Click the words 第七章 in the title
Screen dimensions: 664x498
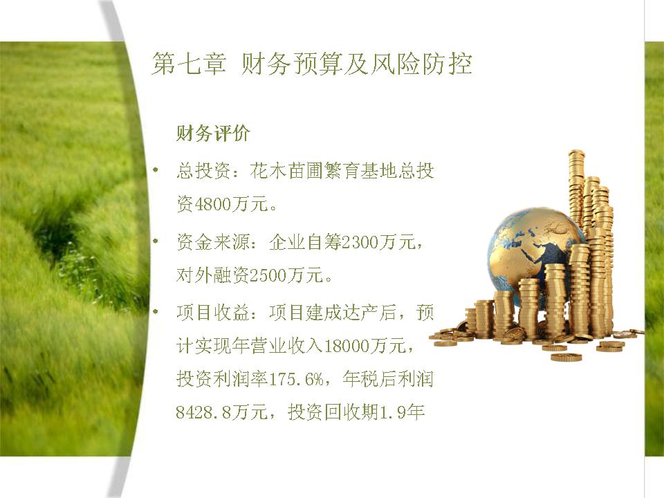(x=189, y=64)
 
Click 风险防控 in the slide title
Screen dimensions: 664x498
(x=421, y=64)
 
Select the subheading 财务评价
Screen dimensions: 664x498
(x=213, y=133)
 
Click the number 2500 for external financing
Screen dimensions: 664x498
(x=268, y=276)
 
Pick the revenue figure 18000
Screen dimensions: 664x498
(x=347, y=346)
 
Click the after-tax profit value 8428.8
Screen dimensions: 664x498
(x=203, y=412)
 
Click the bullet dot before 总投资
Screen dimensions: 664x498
(x=156, y=170)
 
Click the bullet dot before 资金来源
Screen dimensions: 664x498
(x=156, y=241)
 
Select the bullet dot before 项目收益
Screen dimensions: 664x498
(x=156, y=312)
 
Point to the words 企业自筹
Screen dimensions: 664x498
(x=305, y=242)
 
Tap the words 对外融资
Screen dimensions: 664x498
(x=212, y=275)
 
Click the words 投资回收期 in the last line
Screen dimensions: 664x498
(x=333, y=412)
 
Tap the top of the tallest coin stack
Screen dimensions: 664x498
(x=576, y=152)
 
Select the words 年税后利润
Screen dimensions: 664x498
(x=388, y=378)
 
